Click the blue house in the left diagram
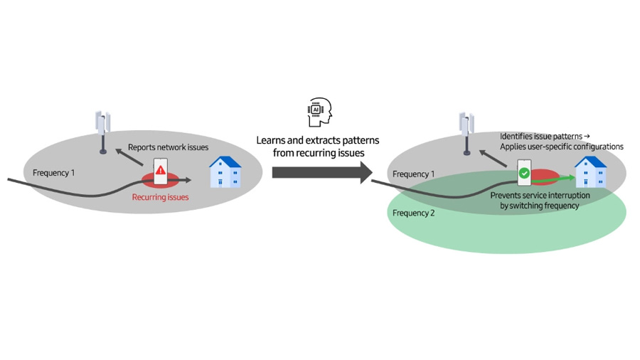(x=225, y=172)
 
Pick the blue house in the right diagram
(x=590, y=172)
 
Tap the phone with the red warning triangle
(x=161, y=171)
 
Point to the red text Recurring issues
(x=161, y=197)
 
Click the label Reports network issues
(x=169, y=147)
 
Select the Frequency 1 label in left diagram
(x=53, y=173)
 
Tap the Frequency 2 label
(x=414, y=213)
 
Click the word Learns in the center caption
(x=272, y=140)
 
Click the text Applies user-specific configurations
(x=561, y=147)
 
